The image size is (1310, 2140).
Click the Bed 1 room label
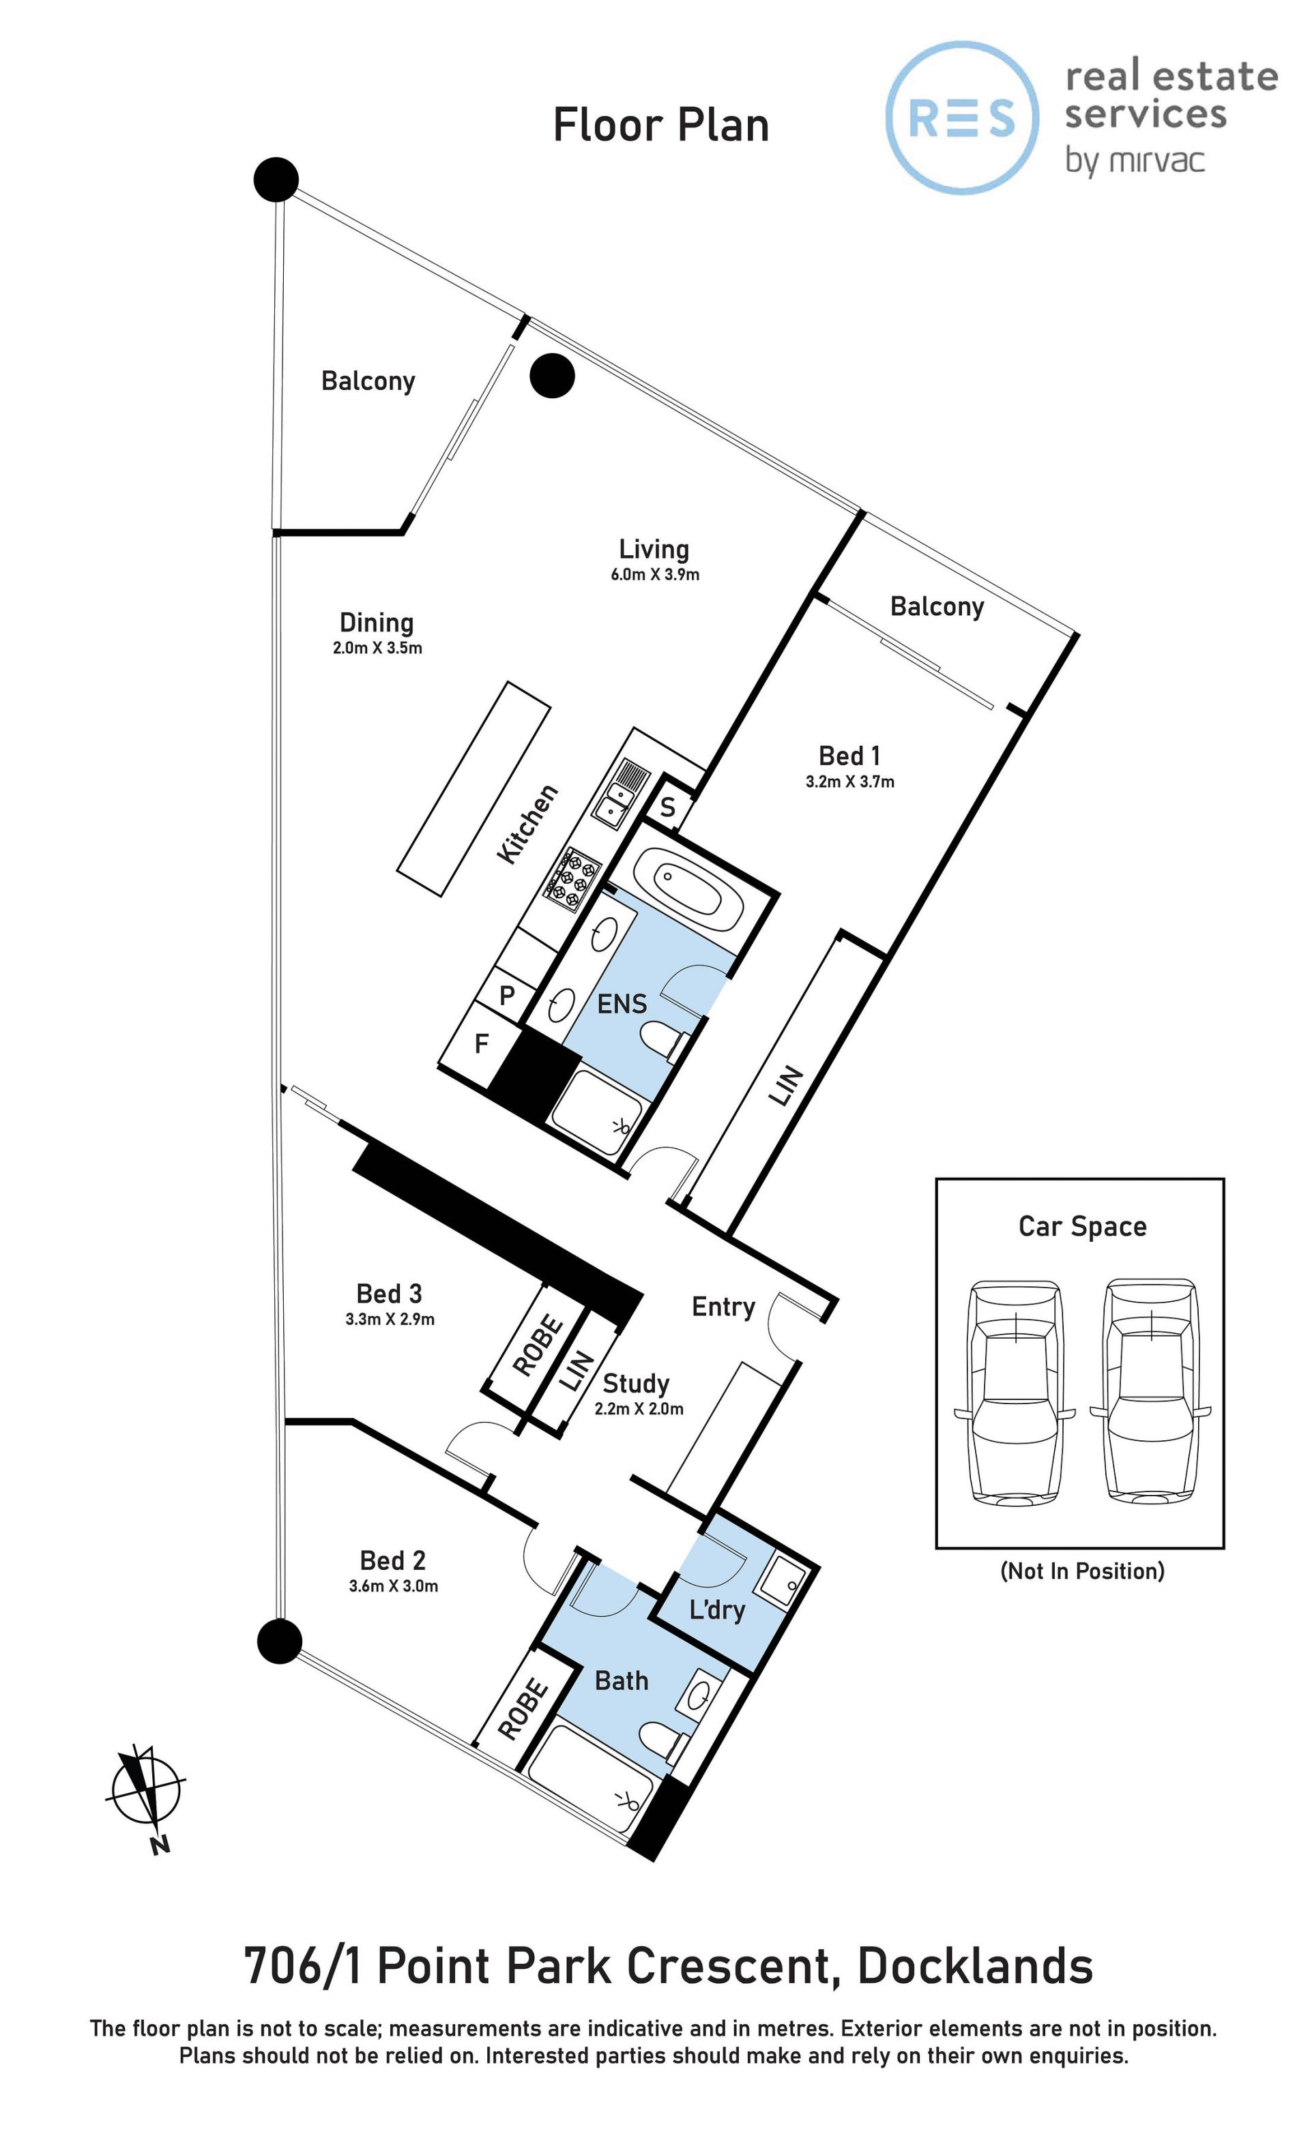click(x=849, y=755)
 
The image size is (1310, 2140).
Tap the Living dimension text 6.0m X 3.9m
click(x=654, y=574)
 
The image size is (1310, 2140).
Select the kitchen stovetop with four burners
click(x=572, y=878)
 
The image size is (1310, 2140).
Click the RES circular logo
click(x=961, y=117)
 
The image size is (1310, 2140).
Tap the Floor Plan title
click(x=661, y=125)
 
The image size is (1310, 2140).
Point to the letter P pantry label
click(x=508, y=994)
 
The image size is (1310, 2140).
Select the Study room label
click(x=636, y=1382)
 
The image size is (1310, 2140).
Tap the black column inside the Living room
click(x=553, y=376)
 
